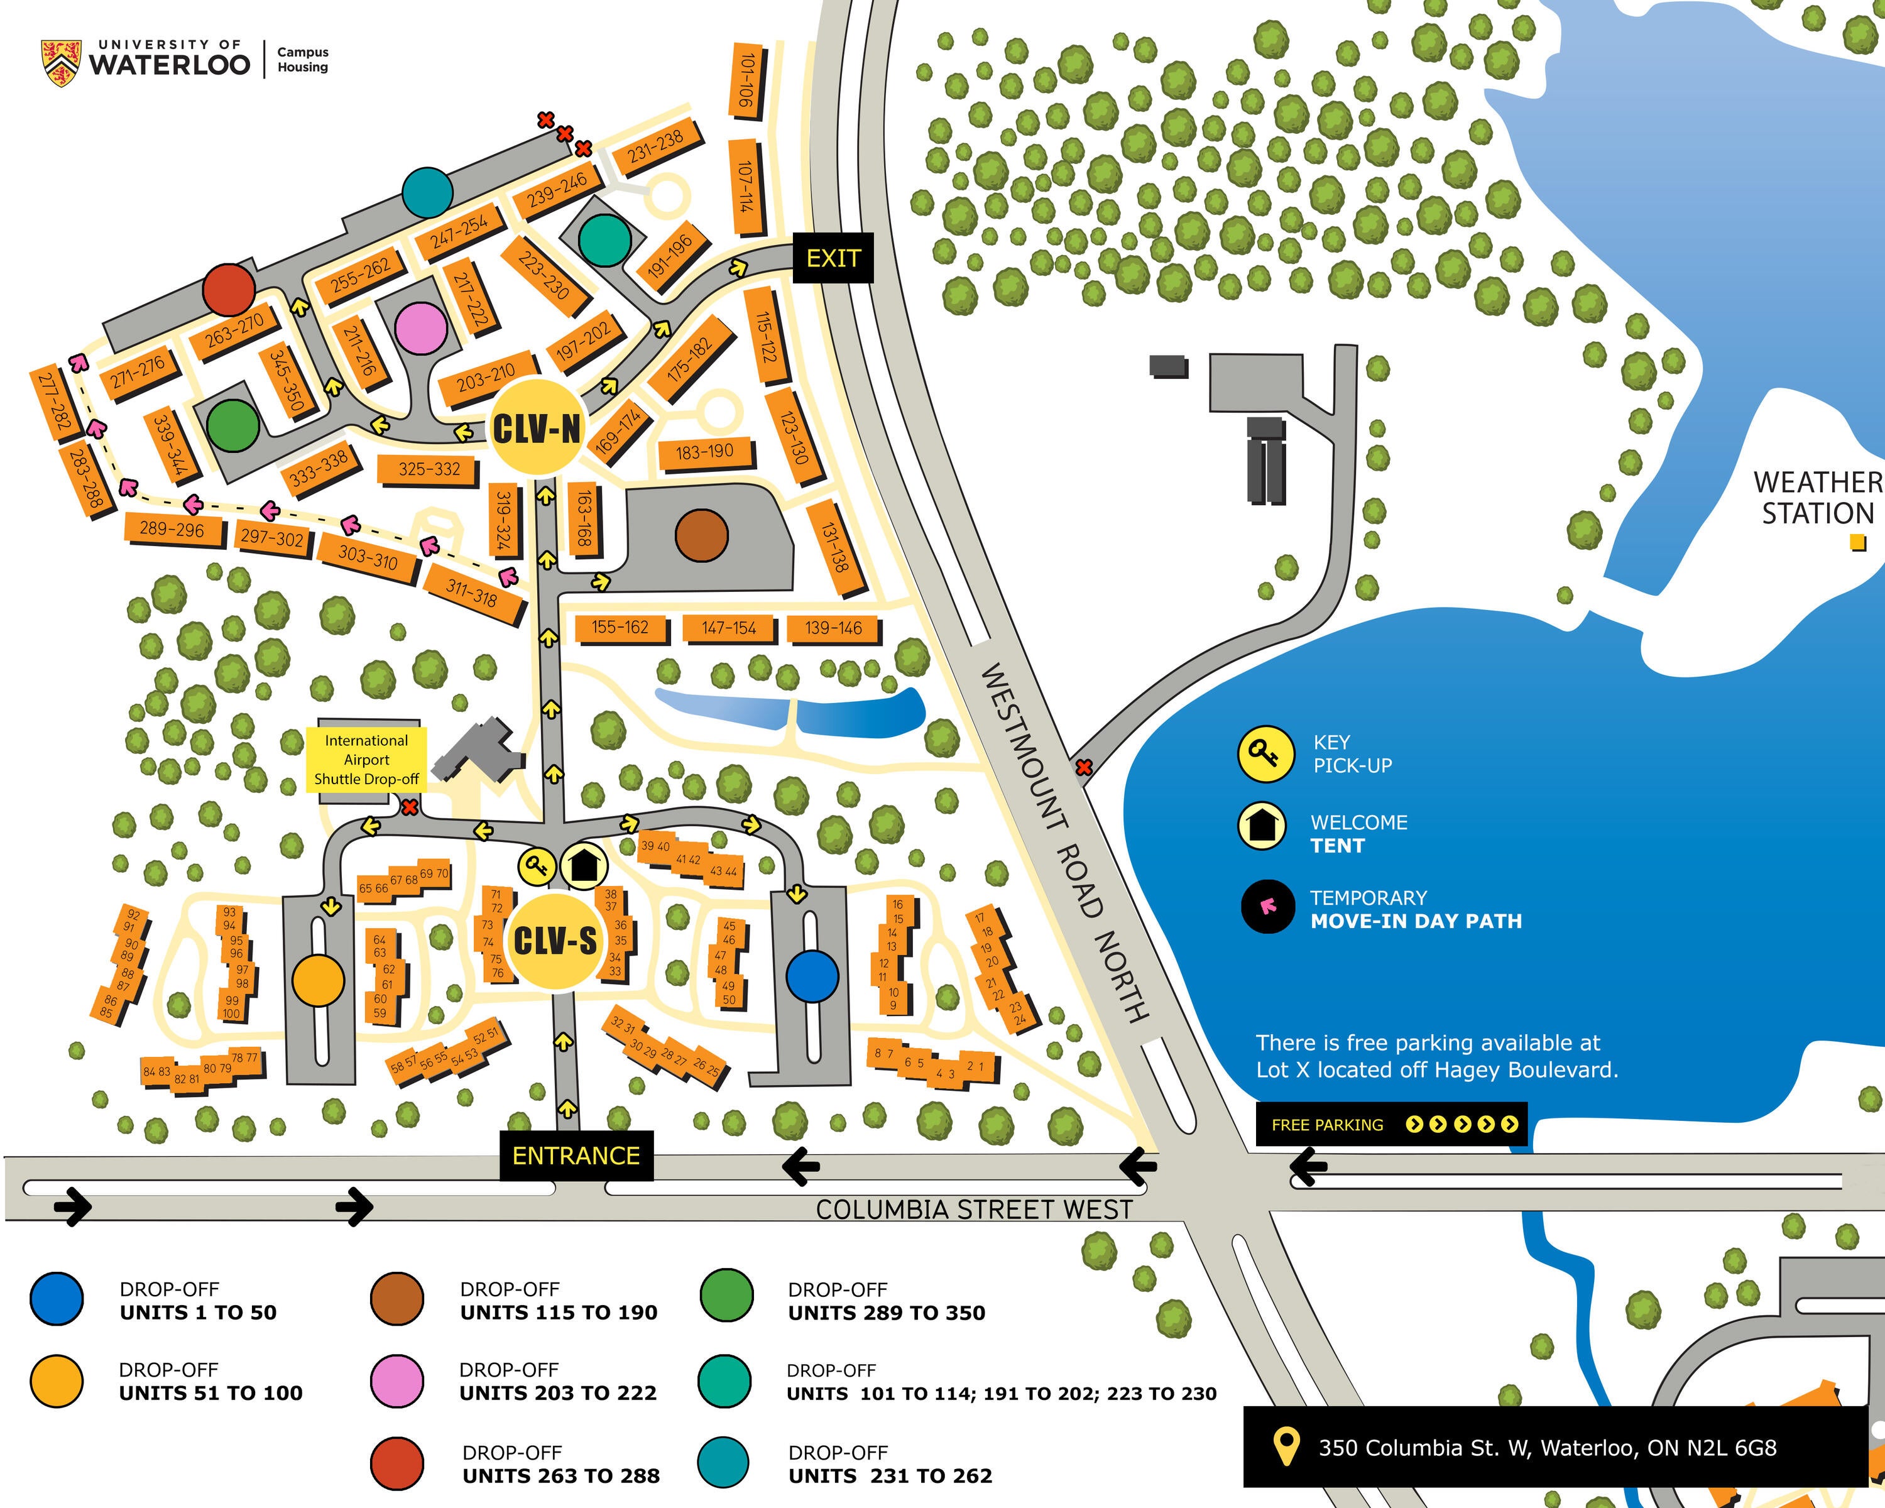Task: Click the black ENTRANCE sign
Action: point(576,1156)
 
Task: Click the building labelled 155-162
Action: point(620,627)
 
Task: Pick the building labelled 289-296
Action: point(172,529)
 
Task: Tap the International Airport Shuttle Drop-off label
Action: point(366,760)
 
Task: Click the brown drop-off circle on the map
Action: point(701,535)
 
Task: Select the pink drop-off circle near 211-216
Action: point(420,328)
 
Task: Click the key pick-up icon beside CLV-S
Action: point(536,866)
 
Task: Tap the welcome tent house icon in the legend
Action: point(1260,825)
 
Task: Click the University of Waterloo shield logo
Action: point(61,62)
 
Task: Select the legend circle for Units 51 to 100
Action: point(56,1381)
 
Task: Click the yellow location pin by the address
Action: point(1284,1447)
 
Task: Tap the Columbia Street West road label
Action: point(973,1210)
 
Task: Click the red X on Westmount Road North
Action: point(1083,768)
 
